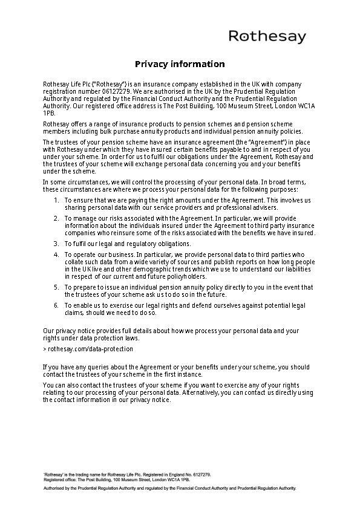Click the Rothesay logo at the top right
267,37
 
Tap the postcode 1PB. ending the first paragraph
49,112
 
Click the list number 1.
56,199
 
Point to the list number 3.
56,243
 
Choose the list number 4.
56,254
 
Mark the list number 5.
56,287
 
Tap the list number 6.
56,305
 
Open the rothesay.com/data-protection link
90,349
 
